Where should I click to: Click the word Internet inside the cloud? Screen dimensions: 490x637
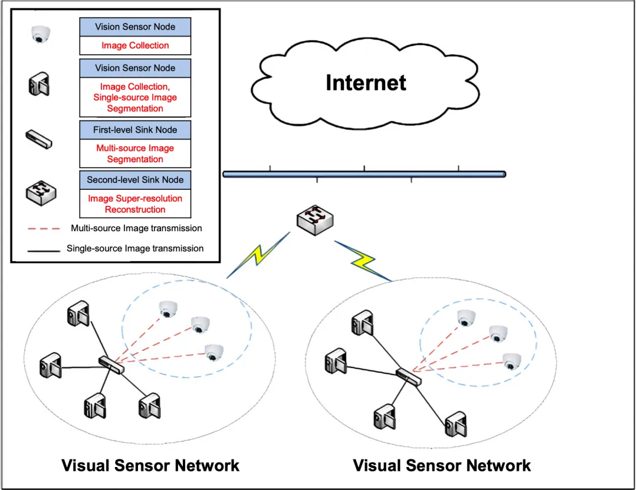point(366,83)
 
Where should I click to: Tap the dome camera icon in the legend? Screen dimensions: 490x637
point(41,35)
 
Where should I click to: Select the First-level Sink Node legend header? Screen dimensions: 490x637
point(135,130)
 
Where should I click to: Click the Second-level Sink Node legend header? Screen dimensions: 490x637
point(135,180)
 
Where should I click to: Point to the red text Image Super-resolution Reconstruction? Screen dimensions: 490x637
point(135,204)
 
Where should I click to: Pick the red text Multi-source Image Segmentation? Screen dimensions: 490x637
point(135,154)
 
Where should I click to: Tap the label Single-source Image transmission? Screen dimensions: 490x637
point(135,249)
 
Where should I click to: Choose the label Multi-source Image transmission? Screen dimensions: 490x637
point(136,228)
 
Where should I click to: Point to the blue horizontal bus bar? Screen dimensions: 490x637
point(364,174)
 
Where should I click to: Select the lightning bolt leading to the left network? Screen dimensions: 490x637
point(258,255)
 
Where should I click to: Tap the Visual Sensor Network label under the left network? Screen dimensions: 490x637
point(150,465)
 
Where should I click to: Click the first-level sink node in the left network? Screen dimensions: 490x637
point(111,364)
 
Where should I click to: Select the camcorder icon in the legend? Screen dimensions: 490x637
point(39,84)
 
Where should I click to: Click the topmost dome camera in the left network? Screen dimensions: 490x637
point(168,308)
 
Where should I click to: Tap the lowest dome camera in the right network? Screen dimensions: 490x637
point(511,360)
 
